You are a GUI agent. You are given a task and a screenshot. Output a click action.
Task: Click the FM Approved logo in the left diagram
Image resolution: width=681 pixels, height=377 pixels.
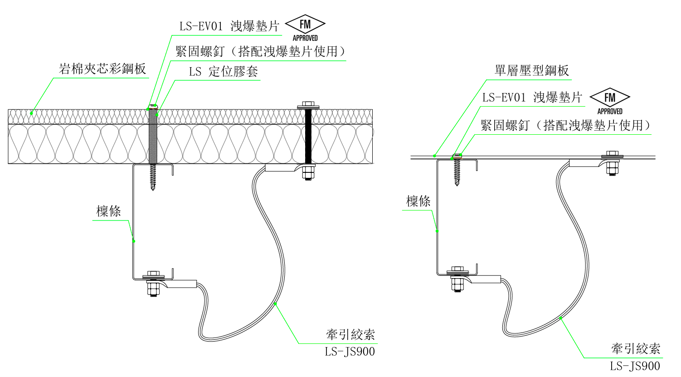click(x=305, y=28)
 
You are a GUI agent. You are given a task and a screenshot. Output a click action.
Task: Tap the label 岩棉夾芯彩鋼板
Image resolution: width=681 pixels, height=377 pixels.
click(x=102, y=69)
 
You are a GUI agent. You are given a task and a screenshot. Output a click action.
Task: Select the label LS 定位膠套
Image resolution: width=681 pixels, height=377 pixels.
click(x=224, y=72)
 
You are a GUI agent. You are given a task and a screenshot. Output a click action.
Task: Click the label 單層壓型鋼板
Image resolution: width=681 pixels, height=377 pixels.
click(x=532, y=71)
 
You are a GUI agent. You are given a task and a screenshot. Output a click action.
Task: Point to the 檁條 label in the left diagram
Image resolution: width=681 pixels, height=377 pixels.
click(x=108, y=211)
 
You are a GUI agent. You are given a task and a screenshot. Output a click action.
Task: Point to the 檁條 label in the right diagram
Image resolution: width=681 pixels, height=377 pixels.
click(x=418, y=201)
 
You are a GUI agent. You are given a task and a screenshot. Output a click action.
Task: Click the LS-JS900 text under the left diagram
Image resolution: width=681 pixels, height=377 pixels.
click(x=350, y=352)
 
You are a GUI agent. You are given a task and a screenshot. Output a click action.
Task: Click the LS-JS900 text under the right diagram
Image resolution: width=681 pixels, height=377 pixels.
click(x=635, y=366)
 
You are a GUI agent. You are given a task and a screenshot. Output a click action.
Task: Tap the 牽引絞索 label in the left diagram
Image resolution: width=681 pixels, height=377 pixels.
click(x=350, y=334)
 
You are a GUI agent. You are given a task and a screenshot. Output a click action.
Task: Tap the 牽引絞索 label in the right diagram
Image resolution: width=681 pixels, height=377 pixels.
click(x=636, y=349)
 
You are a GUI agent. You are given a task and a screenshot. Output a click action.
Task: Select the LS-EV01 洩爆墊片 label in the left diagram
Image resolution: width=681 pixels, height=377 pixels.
click(x=229, y=26)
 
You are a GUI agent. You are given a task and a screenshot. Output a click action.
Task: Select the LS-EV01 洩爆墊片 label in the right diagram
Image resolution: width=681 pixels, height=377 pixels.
click(x=532, y=98)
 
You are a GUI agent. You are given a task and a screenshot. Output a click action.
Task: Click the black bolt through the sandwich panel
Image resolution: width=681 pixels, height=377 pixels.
click(x=308, y=136)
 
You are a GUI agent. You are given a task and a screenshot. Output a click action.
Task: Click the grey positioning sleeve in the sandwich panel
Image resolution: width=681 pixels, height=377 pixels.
click(x=153, y=136)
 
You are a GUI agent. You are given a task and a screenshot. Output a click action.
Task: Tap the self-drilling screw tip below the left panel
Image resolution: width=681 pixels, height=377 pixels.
click(x=153, y=189)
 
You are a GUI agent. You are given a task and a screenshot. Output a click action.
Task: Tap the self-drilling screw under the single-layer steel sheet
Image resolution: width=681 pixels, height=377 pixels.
click(x=457, y=172)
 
